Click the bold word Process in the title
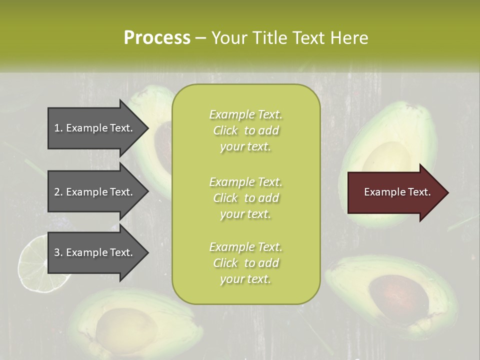pyautogui.click(x=157, y=37)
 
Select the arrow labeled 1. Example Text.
pyautogui.click(x=95, y=128)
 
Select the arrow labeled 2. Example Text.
pyautogui.click(x=95, y=192)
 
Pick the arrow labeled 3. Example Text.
pyautogui.click(x=95, y=252)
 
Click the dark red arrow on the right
pyautogui.click(x=395, y=192)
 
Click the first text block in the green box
pyautogui.click(x=245, y=130)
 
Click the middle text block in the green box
pyautogui.click(x=245, y=197)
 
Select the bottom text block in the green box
pyautogui.click(x=245, y=263)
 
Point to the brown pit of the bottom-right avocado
pyautogui.click(x=397, y=297)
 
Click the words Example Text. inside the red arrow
pyautogui.click(x=397, y=192)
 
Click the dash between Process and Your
pyautogui.click(x=200, y=38)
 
